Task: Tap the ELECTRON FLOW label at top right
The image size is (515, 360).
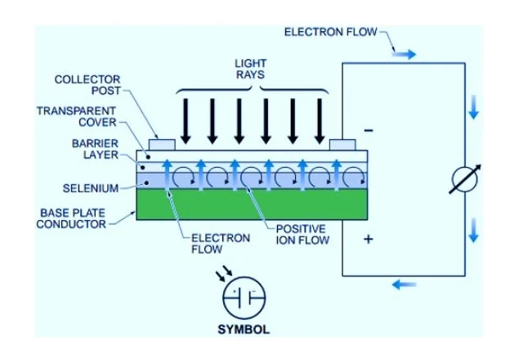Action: click(x=330, y=32)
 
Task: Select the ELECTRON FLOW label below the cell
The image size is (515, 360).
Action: click(x=209, y=243)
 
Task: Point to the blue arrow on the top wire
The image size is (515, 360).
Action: click(x=405, y=54)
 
